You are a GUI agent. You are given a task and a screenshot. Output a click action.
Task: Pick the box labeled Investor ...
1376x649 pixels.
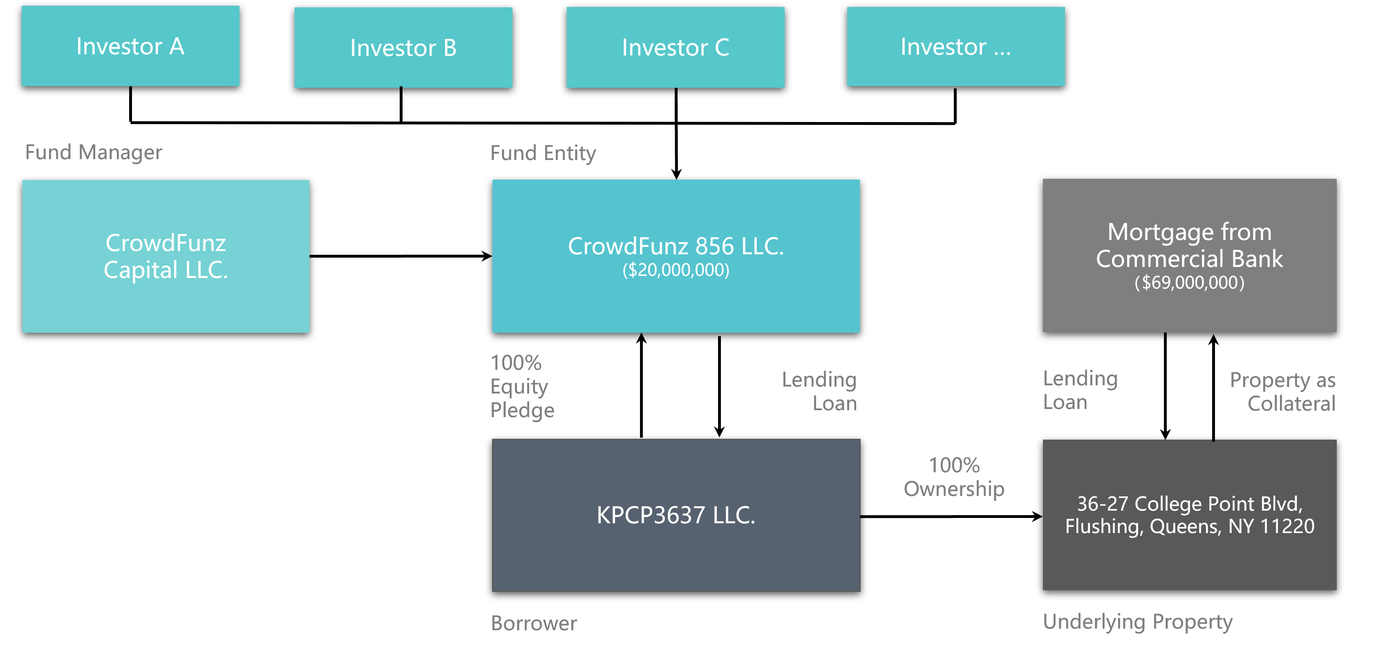(955, 47)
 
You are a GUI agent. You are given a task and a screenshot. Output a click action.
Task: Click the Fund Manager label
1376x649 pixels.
(94, 153)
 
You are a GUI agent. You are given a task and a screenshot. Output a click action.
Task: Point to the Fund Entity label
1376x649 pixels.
(543, 153)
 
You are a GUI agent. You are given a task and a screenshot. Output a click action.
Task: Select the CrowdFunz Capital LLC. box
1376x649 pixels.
(166, 256)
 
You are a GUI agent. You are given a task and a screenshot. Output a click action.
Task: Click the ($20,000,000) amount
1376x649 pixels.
(676, 270)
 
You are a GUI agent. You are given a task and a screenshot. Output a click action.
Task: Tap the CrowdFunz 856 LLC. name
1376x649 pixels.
(676, 246)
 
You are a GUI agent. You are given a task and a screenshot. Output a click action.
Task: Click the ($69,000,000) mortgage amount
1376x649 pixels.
(1189, 282)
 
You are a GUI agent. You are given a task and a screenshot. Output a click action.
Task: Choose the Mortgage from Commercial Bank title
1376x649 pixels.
(1189, 245)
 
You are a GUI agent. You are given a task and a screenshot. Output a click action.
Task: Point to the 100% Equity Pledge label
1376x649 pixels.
(522, 387)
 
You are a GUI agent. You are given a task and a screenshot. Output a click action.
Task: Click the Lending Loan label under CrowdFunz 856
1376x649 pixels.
(819, 391)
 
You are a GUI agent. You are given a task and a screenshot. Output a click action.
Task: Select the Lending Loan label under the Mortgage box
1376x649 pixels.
(1080, 390)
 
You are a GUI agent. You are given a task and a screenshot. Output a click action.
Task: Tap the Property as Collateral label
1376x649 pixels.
(1282, 392)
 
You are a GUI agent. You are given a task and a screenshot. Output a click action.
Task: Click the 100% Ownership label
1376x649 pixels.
(954, 477)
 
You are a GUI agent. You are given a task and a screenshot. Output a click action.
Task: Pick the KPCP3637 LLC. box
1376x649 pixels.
(676, 515)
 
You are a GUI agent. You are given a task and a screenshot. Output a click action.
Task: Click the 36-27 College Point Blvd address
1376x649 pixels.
(1189, 515)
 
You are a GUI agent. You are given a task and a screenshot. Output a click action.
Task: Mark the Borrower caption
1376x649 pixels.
(534, 623)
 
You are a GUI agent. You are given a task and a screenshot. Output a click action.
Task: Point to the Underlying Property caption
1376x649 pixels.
(1137, 622)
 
